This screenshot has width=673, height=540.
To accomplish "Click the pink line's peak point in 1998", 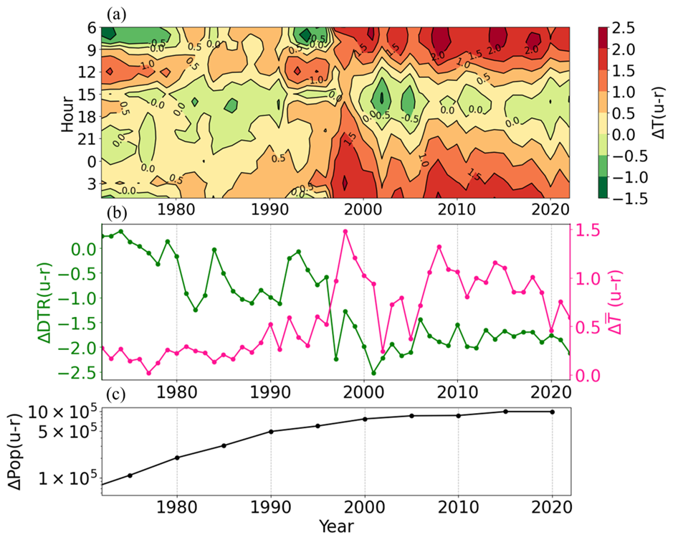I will pos(345,231).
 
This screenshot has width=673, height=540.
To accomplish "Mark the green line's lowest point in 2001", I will pos(373,373).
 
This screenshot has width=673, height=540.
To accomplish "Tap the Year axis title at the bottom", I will pos(336,529).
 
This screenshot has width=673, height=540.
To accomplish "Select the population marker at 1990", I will pos(270,432).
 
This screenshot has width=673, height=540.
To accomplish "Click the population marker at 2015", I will pos(505,412).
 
